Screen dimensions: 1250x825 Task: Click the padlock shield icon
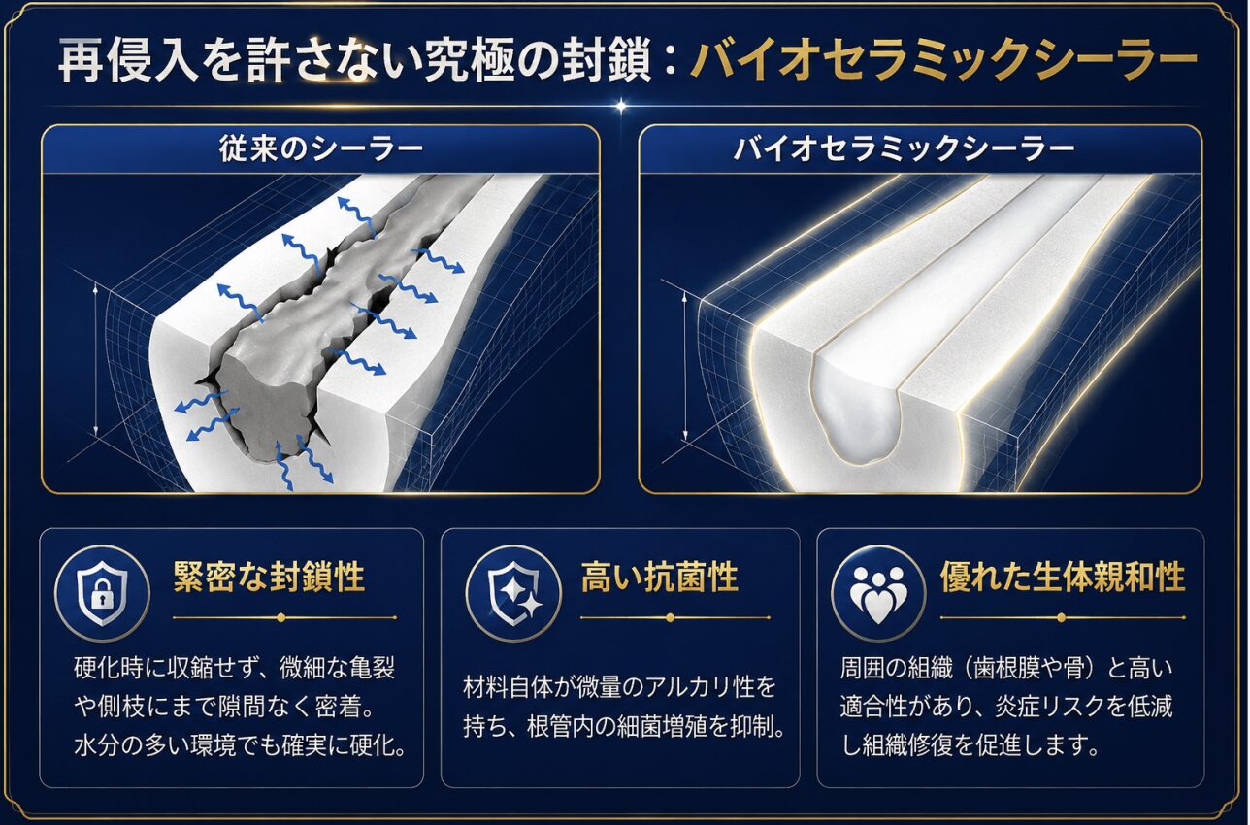(102, 593)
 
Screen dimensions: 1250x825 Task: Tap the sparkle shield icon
(513, 593)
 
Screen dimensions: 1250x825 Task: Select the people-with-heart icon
(878, 593)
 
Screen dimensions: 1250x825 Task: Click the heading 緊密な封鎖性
(269, 577)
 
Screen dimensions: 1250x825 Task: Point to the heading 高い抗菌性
(660, 577)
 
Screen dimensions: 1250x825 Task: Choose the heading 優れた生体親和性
(1063, 577)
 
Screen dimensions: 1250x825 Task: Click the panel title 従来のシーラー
(321, 149)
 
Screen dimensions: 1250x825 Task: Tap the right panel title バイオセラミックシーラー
(905, 149)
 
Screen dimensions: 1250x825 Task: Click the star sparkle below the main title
(621, 105)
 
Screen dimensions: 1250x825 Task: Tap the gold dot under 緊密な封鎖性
(281, 618)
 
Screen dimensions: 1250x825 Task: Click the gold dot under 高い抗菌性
(671, 618)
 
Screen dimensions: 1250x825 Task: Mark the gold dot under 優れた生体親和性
(1062, 618)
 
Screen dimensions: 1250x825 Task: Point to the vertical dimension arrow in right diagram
(686, 369)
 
